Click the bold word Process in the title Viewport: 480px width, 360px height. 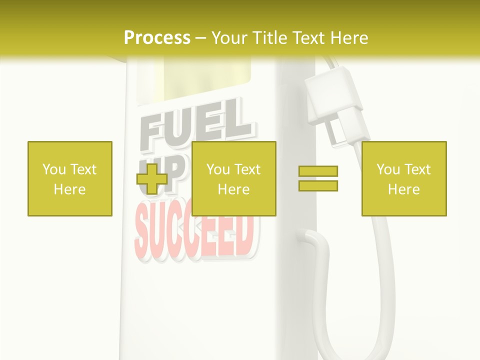click(157, 38)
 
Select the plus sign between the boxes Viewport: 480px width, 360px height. click(152, 179)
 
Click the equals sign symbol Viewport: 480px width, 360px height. click(318, 178)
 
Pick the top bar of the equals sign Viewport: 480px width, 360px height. click(318, 171)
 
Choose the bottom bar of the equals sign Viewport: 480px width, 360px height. click(318, 186)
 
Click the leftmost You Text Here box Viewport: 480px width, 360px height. click(70, 178)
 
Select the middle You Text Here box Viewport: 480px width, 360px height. click(233, 178)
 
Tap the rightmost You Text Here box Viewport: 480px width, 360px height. click(403, 178)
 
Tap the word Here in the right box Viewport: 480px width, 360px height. click(403, 189)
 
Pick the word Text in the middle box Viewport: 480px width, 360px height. click(247, 169)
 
